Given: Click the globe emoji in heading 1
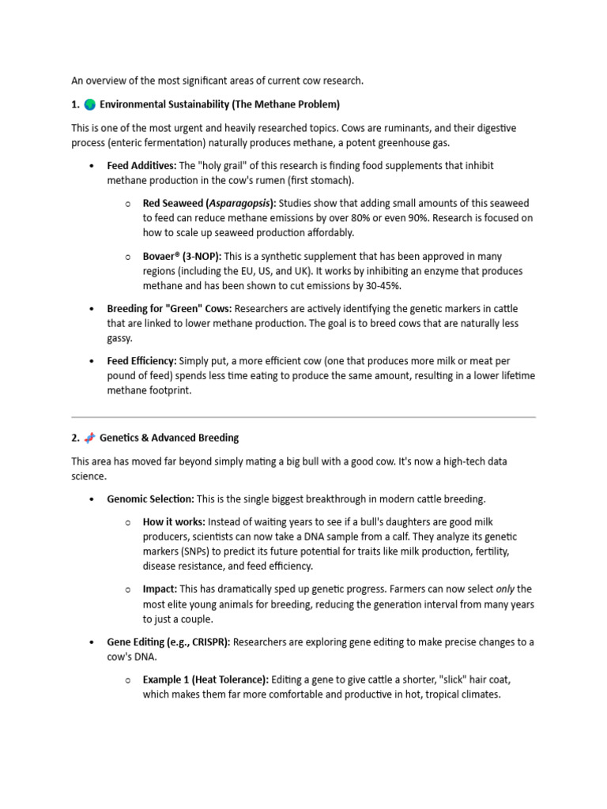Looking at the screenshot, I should (x=89, y=104).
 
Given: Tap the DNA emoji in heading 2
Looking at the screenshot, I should (x=89, y=438).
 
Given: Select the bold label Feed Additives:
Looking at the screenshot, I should (x=142, y=166).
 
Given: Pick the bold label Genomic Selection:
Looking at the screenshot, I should (x=150, y=499).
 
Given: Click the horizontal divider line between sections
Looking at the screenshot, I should (x=303, y=416).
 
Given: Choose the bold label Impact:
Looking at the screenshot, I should (x=160, y=589).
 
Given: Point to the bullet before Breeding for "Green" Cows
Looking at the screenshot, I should (x=91, y=309).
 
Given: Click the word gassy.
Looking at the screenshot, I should (x=120, y=338).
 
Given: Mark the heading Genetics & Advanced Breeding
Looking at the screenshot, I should (x=169, y=438).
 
